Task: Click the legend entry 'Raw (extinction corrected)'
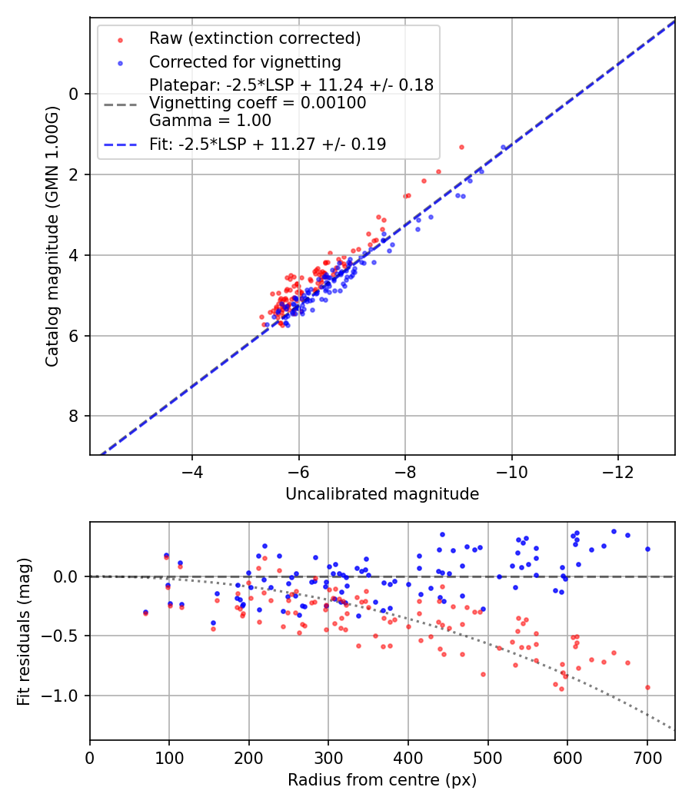255,38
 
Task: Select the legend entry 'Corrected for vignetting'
245,61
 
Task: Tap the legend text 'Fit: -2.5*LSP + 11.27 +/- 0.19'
268,144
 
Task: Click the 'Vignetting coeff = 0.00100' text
258,103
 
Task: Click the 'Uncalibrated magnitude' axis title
382,494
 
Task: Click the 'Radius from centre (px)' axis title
382,780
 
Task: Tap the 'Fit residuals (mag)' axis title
23,630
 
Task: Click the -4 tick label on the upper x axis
192,471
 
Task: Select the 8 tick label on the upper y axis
74,417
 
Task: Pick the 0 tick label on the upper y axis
74,94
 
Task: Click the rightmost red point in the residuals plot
647,687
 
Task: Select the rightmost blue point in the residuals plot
647,549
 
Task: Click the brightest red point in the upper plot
461,147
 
